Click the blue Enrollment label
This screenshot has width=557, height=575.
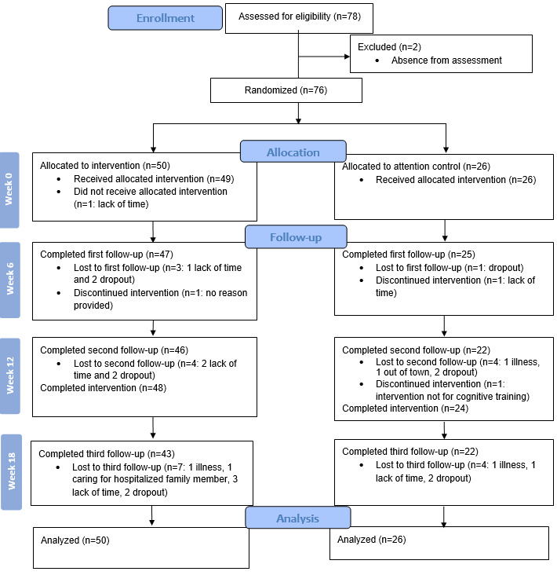(166, 18)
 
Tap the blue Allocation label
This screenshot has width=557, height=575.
(293, 152)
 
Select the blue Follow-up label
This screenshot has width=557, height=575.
(296, 237)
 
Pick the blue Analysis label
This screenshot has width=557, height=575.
(298, 518)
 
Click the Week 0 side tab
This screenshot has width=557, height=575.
(9, 190)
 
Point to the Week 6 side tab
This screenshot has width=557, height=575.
(10, 280)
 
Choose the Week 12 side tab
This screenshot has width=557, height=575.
(10, 376)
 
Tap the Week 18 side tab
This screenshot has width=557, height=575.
(11, 472)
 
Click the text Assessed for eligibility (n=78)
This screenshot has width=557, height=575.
(300, 16)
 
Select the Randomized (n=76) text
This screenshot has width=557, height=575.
(286, 90)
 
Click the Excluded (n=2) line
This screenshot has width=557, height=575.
(389, 47)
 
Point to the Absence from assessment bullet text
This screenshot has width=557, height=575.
(446, 60)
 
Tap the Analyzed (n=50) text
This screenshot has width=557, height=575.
(75, 540)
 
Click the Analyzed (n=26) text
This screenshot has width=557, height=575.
(372, 540)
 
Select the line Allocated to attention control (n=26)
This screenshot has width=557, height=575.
(416, 167)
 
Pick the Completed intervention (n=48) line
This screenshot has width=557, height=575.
(104, 388)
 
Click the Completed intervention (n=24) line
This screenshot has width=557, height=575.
(405, 408)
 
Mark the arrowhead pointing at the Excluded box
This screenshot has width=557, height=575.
(348, 57)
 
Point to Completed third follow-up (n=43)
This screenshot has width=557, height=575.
(107, 454)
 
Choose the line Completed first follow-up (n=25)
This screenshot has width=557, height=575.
(408, 255)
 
